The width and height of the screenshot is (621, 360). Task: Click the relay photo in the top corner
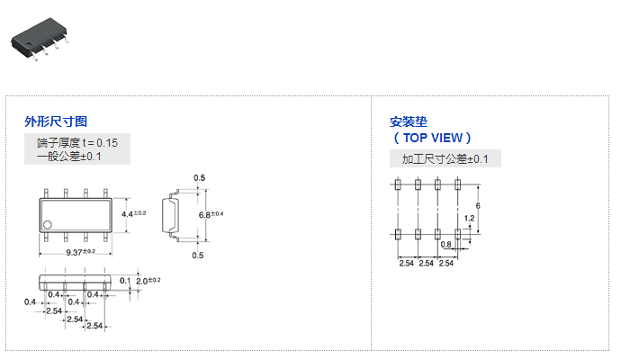(39, 39)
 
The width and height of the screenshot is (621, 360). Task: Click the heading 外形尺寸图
(56, 121)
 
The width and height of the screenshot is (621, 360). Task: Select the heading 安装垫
(409, 121)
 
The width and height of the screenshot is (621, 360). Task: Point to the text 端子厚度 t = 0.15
(76, 143)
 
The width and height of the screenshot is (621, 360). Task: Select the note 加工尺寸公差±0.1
(445, 159)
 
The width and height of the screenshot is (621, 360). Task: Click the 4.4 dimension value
(127, 213)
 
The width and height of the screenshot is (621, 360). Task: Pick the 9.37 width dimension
(77, 251)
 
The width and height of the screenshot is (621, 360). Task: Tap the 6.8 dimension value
(203, 215)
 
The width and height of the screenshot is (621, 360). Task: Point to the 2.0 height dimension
(142, 281)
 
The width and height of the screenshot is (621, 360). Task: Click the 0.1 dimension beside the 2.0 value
(125, 281)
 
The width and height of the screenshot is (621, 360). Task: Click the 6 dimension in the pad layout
(478, 206)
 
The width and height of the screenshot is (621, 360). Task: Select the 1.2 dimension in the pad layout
(469, 218)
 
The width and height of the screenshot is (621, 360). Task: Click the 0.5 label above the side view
(199, 177)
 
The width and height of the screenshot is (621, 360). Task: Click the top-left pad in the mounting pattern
(399, 184)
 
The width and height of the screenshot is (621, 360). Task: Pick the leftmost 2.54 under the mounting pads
(407, 263)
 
